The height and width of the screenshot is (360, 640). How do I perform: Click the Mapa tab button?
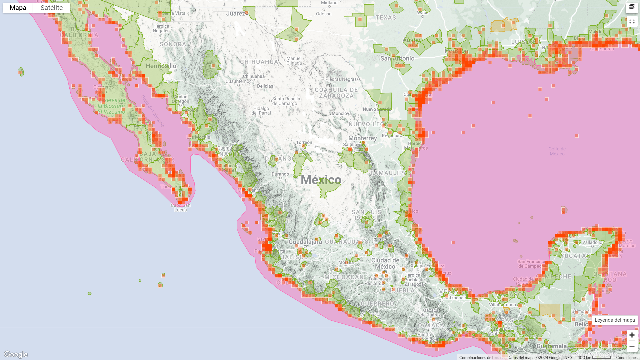pos(18,8)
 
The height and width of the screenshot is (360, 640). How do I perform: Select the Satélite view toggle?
pos(52,8)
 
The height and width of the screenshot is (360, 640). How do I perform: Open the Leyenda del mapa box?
pos(614,320)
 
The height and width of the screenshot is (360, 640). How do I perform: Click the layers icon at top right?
pos(632,7)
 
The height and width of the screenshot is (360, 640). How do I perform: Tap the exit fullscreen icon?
pos(632,21)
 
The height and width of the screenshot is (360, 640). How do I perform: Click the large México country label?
pos(321,180)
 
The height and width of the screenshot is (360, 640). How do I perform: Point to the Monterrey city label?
pos(362,138)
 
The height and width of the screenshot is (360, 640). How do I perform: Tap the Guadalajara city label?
pos(305,242)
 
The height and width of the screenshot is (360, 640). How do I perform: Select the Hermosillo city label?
pos(161,66)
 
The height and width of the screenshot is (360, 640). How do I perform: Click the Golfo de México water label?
pos(557,151)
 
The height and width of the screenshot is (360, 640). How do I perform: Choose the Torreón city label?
pos(304,142)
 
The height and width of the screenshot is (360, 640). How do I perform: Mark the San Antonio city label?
pos(397,59)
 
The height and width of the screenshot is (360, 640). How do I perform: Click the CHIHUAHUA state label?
pos(259,62)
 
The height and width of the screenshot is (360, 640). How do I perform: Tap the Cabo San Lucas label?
pos(181,208)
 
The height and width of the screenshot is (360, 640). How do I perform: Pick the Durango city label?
pos(280,174)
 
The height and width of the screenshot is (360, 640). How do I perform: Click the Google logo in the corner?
pos(16,354)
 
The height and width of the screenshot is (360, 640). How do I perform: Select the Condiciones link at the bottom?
pos(627,357)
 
